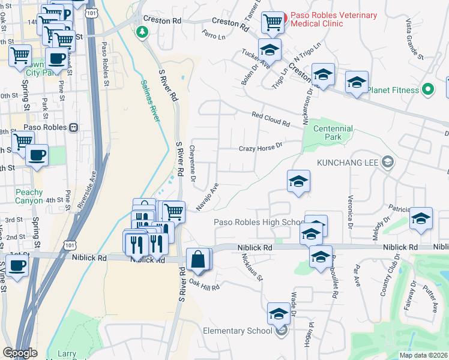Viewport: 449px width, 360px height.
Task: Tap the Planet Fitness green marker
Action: (x=427, y=90)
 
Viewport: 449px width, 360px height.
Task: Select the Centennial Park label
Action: (x=332, y=133)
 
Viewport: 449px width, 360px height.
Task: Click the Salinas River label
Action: (x=150, y=100)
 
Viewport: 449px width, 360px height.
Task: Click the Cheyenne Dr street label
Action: (x=193, y=163)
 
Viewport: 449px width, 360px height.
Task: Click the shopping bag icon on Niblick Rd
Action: (x=198, y=259)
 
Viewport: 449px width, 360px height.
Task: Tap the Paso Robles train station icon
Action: (x=74, y=127)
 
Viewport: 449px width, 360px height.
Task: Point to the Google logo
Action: (x=20, y=353)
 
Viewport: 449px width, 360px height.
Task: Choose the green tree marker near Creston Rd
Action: (x=142, y=31)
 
